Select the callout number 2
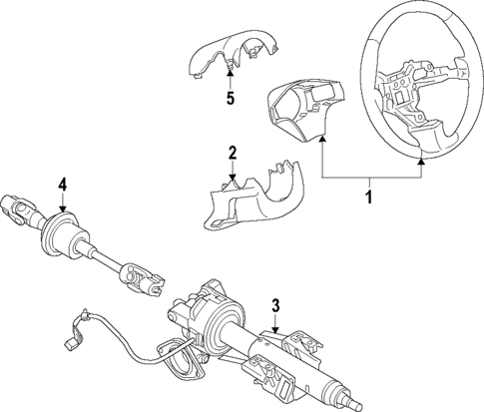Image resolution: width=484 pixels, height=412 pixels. click(232, 153)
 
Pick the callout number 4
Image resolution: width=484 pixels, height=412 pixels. click(62, 184)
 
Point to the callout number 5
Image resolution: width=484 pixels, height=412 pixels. click(230, 98)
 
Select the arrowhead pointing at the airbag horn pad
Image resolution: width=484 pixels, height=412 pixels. click(323, 142)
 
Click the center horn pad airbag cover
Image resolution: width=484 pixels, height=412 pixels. click(300, 109)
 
